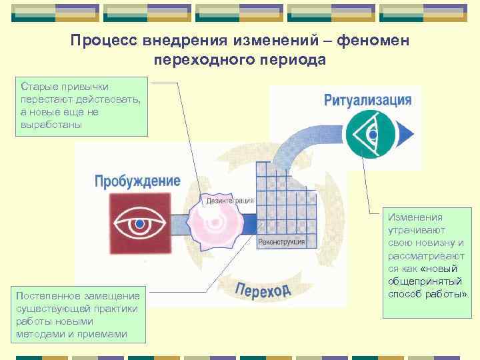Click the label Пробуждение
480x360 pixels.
point(137,181)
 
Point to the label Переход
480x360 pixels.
point(263,289)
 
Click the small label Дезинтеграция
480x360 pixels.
point(230,200)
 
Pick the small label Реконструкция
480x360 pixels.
point(281,241)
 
